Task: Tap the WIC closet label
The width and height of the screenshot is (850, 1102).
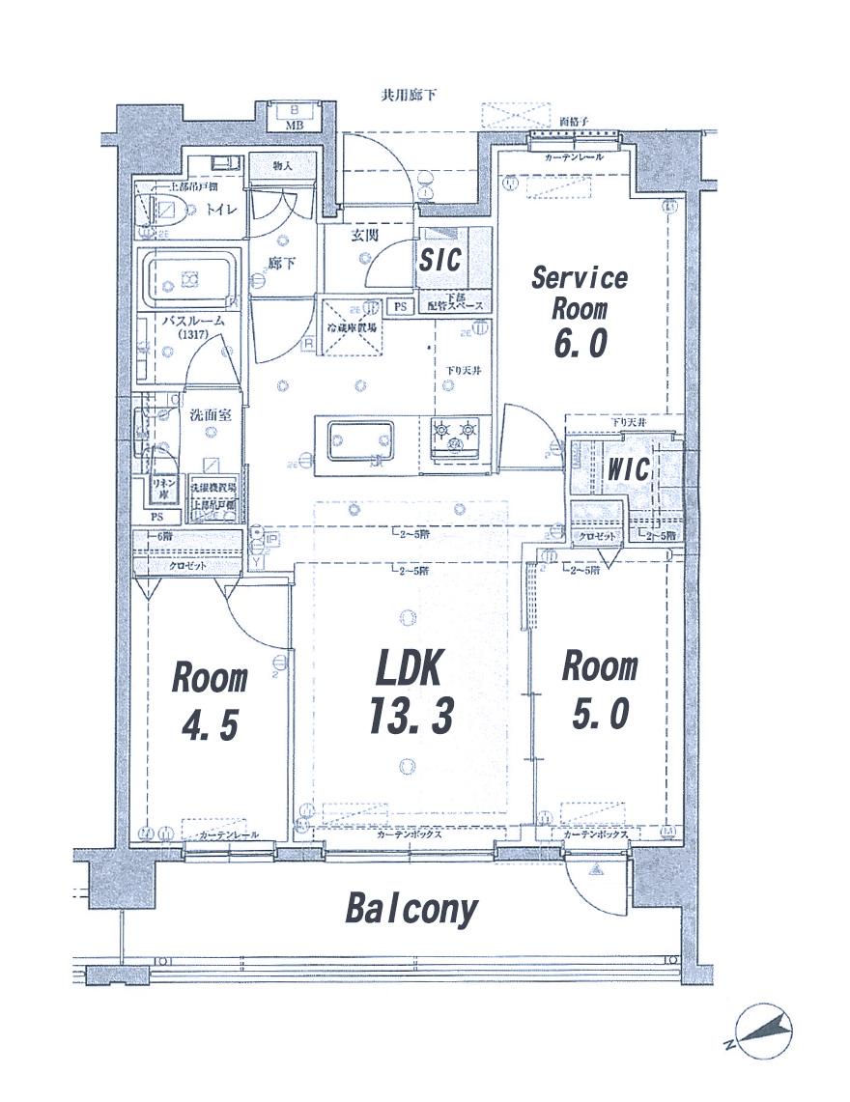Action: [x=628, y=470]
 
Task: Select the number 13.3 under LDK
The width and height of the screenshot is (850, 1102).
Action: [x=410, y=716]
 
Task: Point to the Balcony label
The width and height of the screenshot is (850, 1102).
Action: [x=411, y=909]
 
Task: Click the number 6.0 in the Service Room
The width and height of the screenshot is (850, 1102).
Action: [x=580, y=345]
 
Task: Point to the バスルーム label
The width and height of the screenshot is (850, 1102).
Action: [x=193, y=321]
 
